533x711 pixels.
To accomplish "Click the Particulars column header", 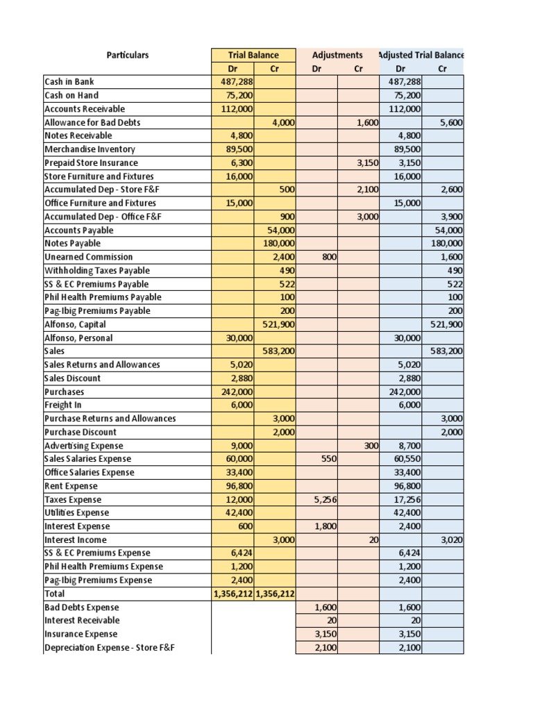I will coord(127,55).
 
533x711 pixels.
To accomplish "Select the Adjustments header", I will coord(337,55).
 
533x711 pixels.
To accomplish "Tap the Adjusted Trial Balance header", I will coord(421,55).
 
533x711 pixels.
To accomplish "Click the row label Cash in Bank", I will coord(69,82).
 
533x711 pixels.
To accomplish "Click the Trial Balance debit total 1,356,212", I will coord(233,594).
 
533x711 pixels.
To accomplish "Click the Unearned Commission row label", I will coord(88,257).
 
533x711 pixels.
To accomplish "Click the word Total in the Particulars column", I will coord(54,594).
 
